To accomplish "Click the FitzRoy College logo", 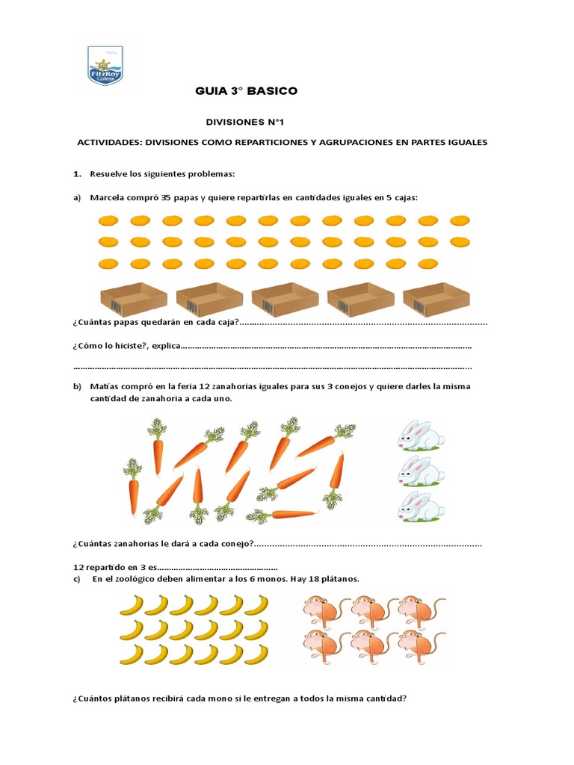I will pyautogui.click(x=105, y=66).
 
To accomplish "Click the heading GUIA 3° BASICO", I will pyautogui.click(x=246, y=91).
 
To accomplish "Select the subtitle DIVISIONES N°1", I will pyautogui.click(x=246, y=121).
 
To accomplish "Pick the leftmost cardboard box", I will pyautogui.click(x=133, y=300).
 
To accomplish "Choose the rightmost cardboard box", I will pyautogui.click(x=436, y=300).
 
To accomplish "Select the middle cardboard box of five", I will pyautogui.click(x=285, y=300).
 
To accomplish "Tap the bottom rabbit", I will pyautogui.click(x=420, y=507).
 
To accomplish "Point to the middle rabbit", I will pyautogui.click(x=420, y=471).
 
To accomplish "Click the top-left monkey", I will pyautogui.click(x=322, y=612).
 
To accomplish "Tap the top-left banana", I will pyautogui.click(x=132, y=604).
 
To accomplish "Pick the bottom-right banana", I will pyautogui.click(x=256, y=654).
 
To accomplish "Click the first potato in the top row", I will pyautogui.click(x=108, y=220).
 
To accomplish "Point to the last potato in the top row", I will pyautogui.click(x=460, y=220).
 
